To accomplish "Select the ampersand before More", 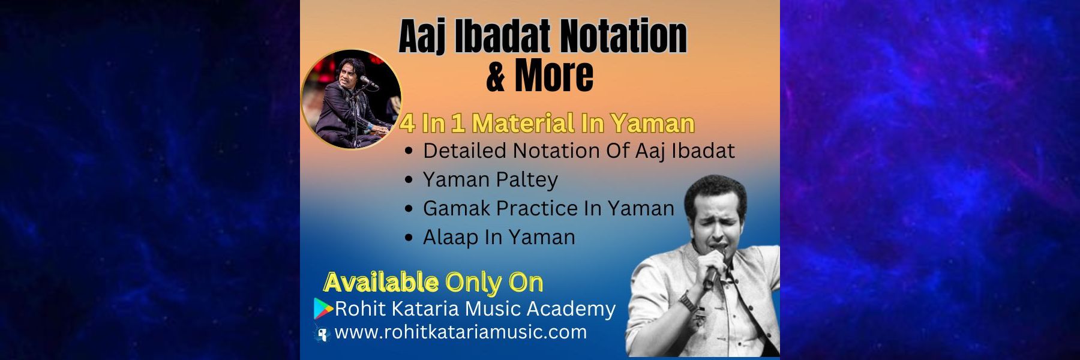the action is pos(496,76).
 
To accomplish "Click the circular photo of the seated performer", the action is pos(352,100).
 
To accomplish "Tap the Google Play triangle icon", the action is pos(323,308).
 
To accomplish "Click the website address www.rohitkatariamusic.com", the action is pos(460,332).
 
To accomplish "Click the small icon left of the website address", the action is pos(323,334).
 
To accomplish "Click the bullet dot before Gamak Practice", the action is pos(409,209).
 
